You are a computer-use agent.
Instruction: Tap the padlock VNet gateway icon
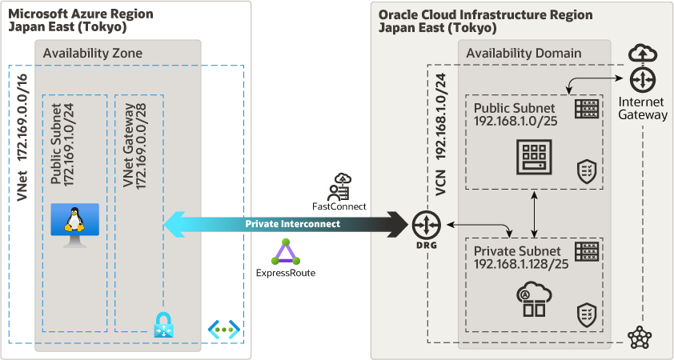[x=163, y=325]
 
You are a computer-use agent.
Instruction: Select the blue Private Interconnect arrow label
[x=292, y=224]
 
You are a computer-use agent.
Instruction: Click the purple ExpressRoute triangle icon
[x=286, y=252]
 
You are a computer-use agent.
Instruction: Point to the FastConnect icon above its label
[x=339, y=186]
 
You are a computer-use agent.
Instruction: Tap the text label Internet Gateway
[x=642, y=108]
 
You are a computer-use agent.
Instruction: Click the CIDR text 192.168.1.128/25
[x=521, y=264]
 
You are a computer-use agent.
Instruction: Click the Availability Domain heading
[x=524, y=53]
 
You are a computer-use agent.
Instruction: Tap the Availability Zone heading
[x=93, y=53]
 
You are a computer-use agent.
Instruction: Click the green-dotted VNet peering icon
[x=223, y=328]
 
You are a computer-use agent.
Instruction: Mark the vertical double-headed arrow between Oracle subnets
[x=534, y=214]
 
